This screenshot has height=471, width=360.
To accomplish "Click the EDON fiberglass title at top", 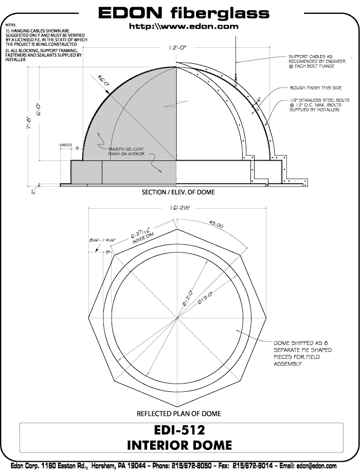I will [184, 12].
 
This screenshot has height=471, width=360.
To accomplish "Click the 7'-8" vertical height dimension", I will [31, 125].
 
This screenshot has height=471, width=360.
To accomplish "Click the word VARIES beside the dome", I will [66, 145].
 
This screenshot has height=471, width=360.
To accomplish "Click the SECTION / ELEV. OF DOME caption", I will [178, 192].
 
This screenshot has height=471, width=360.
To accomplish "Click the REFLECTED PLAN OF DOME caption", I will [178, 413].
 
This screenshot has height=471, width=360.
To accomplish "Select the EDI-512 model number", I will [178, 429].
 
